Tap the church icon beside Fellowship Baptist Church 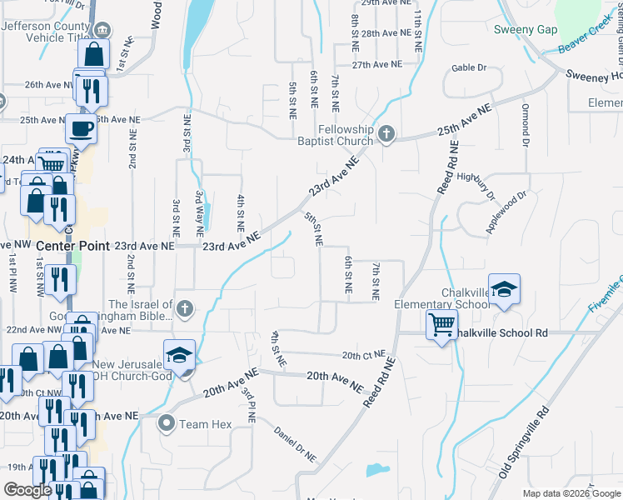point(386,134)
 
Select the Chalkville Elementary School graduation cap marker point(504,290)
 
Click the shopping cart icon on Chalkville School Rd point(441,324)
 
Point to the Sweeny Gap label point(525,29)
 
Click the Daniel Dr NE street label point(297,443)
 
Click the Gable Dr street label point(468,67)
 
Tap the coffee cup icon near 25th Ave point(81,129)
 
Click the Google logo point(27,490)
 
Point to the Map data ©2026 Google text point(571,492)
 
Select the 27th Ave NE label point(376,64)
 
